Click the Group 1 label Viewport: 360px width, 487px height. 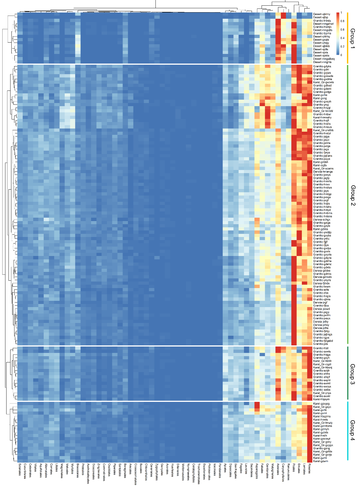[x=352, y=38]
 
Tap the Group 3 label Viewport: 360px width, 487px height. [x=352, y=374]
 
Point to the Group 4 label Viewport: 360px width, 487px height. [x=352, y=430]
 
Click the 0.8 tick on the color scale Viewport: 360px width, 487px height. [x=342, y=21]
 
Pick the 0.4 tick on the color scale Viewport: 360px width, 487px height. [x=342, y=38]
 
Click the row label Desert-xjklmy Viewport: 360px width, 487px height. [x=322, y=14]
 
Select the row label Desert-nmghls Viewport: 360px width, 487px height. [x=322, y=62]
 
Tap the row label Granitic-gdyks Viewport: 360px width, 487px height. [x=322, y=66]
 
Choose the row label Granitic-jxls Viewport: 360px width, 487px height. [x=320, y=344]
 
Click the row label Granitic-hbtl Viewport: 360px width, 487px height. [x=321, y=348]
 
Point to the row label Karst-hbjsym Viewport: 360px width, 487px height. [x=321, y=399]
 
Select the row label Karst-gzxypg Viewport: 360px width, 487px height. [x=321, y=404]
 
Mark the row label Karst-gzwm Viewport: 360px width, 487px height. [x=320, y=461]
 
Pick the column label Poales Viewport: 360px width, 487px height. [x=294, y=468]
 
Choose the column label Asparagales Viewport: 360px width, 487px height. [x=257, y=471]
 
